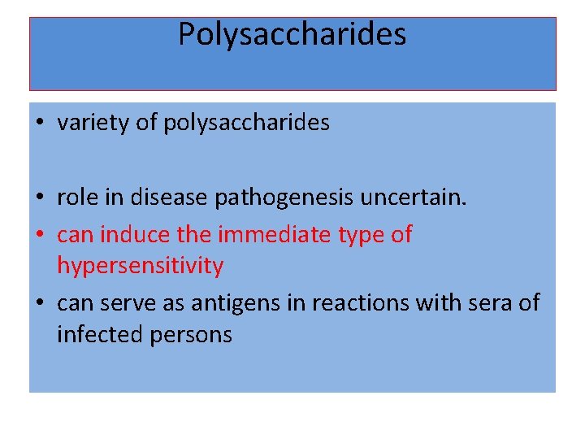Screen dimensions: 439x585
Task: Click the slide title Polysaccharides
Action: tap(292, 35)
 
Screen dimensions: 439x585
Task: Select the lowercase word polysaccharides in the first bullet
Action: tap(246, 124)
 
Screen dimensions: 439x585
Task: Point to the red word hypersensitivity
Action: tap(140, 266)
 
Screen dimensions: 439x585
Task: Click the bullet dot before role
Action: tap(40, 198)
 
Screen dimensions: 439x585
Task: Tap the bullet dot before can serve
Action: tap(40, 304)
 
